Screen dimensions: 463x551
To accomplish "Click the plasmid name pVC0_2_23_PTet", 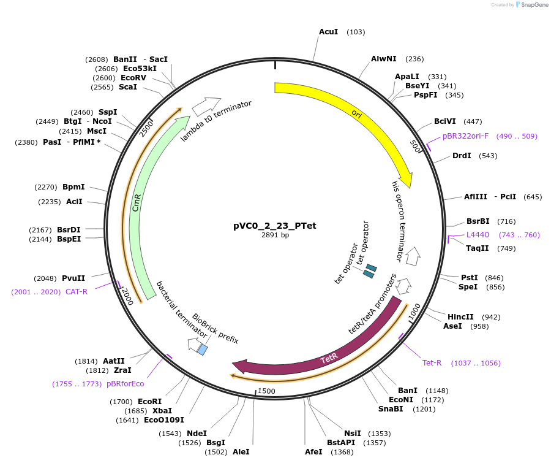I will pos(275,225).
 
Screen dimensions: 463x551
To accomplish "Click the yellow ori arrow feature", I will pos(361,117).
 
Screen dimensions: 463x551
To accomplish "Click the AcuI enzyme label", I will pos(328,31).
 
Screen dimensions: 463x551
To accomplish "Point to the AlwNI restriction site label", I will pos(384,59).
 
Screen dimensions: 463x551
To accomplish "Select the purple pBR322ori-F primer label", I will pos(465,136).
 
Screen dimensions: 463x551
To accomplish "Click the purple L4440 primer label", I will pos(478,234).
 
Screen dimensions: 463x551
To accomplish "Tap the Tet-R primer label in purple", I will pos(432,362).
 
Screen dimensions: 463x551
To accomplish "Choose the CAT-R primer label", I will pos(77,291).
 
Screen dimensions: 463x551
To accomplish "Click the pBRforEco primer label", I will pos(126,384).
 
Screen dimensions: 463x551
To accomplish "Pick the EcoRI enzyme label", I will pos(149,402).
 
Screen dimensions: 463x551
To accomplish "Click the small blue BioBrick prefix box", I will pos(202,350).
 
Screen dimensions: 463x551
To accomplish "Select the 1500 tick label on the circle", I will pos(266,391).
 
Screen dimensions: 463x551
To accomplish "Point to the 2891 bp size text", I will pos(275,235).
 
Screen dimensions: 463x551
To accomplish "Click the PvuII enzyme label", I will pos(73,278).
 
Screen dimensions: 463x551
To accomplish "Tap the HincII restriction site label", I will pos(460,317).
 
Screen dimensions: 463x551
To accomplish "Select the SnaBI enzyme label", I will pos(391,409).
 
